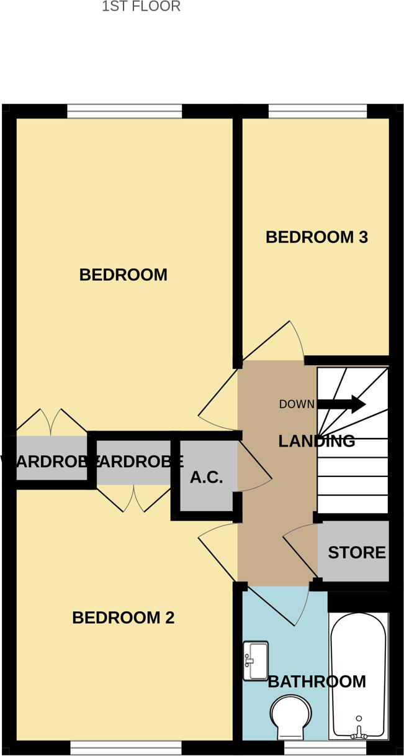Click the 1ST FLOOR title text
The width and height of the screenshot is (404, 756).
click(141, 7)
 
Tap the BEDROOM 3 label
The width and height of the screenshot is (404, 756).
click(316, 237)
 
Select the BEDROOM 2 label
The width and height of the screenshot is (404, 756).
click(123, 618)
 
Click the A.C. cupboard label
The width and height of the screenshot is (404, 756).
click(207, 479)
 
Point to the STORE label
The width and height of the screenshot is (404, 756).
click(356, 552)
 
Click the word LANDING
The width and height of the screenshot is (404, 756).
click(316, 441)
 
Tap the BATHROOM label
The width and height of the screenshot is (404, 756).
click(316, 681)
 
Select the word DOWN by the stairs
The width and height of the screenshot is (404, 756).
click(297, 404)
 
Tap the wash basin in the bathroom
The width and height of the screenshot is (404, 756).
click(255, 661)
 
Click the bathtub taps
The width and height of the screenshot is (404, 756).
click(357, 733)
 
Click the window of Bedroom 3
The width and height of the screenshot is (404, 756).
click(317, 111)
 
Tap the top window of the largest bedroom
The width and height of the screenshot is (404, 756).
click(125, 111)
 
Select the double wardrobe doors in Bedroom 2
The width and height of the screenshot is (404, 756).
click(133, 499)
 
